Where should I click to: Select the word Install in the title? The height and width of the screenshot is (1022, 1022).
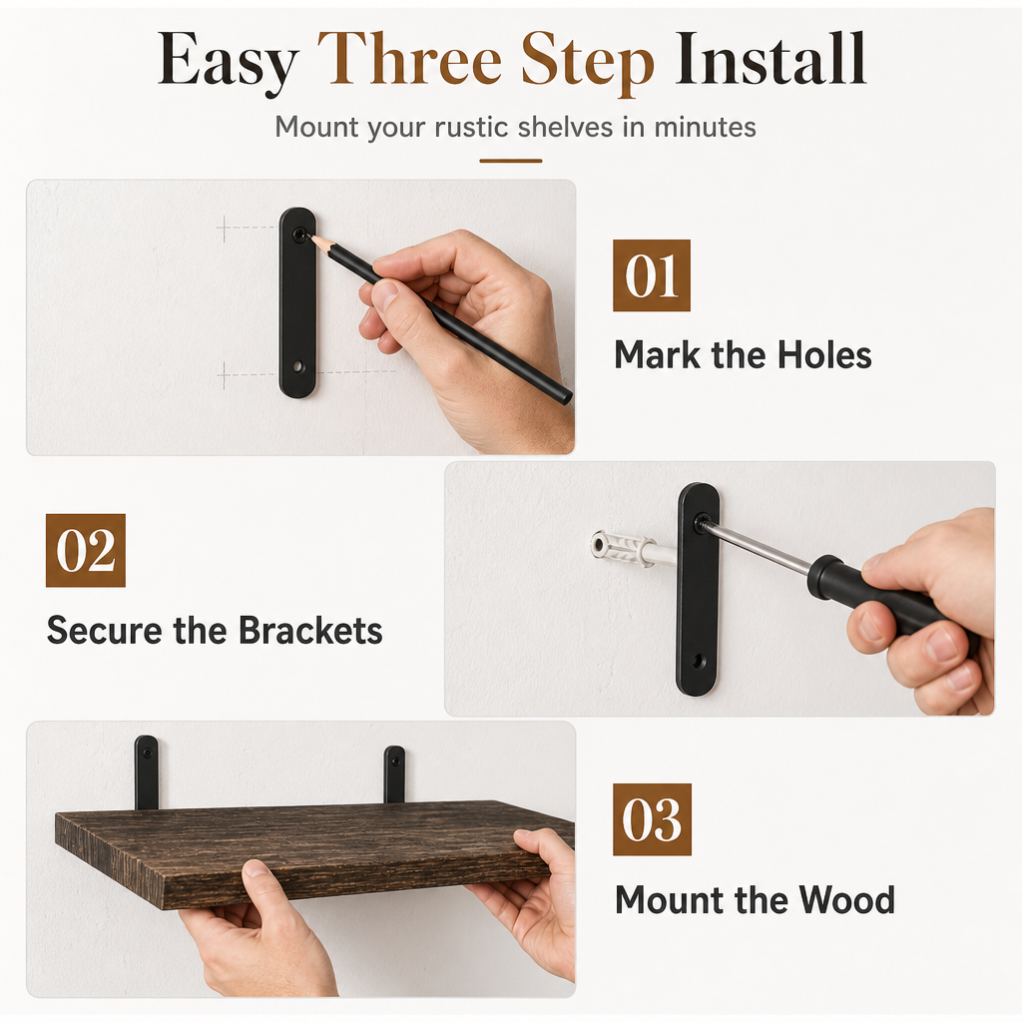(770, 59)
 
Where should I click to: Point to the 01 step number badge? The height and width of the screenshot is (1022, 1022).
(651, 275)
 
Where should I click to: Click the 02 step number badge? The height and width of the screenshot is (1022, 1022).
(86, 550)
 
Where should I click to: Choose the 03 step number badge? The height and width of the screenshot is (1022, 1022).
(652, 819)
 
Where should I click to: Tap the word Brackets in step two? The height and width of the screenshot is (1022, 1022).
(310, 631)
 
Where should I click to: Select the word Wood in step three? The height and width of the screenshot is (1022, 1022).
(846, 900)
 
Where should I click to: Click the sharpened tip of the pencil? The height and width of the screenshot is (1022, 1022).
(311, 238)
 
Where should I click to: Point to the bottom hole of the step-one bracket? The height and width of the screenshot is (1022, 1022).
(297, 366)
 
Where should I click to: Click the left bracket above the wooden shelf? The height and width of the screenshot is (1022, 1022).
(146, 772)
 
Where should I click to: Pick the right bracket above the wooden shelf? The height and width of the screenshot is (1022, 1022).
(393, 774)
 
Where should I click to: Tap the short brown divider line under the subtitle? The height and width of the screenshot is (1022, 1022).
(511, 161)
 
